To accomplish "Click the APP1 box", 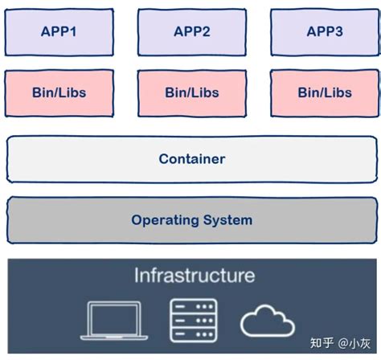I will click(x=59, y=32).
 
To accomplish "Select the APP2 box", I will click(x=191, y=32).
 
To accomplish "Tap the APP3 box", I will click(x=324, y=32).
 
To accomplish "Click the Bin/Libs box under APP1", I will click(x=59, y=92).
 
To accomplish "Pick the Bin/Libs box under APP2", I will click(x=191, y=92).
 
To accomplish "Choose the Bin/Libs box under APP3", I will click(x=324, y=92).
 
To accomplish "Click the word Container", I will click(x=191, y=158).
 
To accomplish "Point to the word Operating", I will click(x=165, y=219).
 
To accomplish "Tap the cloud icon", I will click(x=268, y=321).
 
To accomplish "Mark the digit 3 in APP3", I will click(x=341, y=32).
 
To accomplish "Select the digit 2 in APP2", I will click(x=208, y=32).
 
